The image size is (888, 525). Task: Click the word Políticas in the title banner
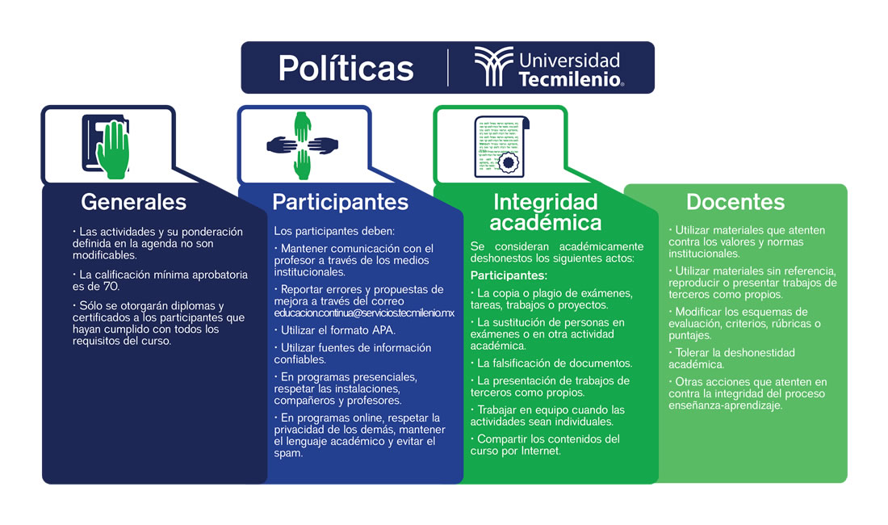point(346,68)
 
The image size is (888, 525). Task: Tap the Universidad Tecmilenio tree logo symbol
point(493,66)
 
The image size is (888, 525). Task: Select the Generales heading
point(134,202)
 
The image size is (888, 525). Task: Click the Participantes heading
point(340,202)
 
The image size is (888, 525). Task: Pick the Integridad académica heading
point(546,212)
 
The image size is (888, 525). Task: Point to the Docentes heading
point(735,202)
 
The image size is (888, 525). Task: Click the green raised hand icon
point(113,149)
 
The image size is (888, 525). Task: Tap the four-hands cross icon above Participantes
point(303,145)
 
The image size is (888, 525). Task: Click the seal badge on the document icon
point(508,162)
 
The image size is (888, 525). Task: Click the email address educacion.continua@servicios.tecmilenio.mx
point(364,313)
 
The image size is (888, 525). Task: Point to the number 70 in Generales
point(111,287)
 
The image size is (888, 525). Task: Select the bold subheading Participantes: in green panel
point(509,275)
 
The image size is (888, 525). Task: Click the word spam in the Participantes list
point(288,454)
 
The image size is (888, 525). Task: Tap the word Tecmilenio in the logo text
point(570,79)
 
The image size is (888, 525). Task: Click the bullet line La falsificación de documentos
point(551,363)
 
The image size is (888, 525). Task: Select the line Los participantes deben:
point(334,231)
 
